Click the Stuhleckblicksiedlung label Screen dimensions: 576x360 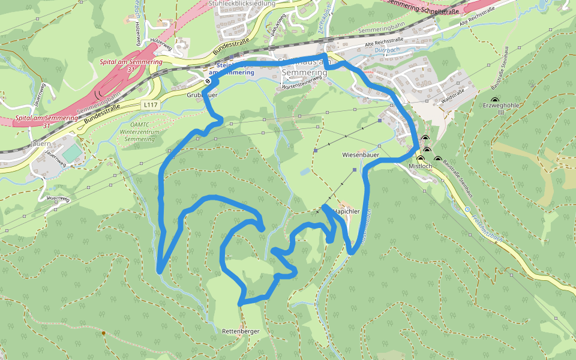[x=242, y=4]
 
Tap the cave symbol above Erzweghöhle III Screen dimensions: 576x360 [x=494, y=100]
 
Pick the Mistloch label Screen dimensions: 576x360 [x=420, y=166]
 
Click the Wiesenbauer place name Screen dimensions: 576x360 [x=360, y=155]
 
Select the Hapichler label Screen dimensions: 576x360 [x=347, y=212]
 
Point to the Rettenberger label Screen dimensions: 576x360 [x=240, y=331]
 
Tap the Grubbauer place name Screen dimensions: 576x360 [x=202, y=95]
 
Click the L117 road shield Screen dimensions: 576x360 [x=150, y=104]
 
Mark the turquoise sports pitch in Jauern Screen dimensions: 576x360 [x=71, y=153]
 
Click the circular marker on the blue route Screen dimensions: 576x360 [x=208, y=81]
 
